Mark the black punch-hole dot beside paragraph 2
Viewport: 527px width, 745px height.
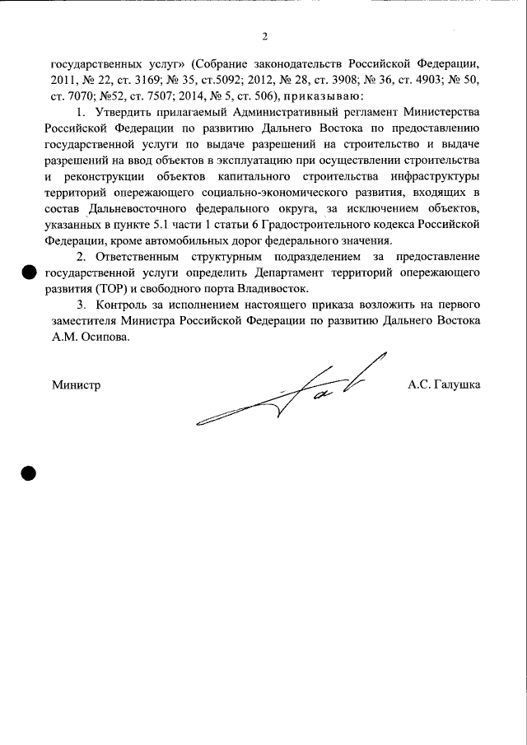point(29,272)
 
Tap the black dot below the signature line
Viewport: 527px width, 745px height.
point(28,473)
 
